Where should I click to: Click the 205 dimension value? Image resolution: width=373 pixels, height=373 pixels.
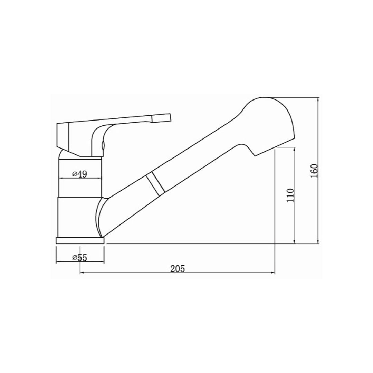coord(178,268)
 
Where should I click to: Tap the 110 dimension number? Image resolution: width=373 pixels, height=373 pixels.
coord(290,195)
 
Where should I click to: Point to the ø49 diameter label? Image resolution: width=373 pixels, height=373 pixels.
coord(79,174)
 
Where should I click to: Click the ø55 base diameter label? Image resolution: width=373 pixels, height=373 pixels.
coord(79,258)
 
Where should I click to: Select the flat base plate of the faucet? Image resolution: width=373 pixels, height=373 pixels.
coord(80,240)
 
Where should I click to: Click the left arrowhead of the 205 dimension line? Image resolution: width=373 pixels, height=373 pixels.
coord(82,273)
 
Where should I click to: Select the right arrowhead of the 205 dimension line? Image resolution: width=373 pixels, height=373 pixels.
coord(273,273)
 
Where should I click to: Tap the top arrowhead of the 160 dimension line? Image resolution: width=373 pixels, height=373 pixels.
coord(318,99)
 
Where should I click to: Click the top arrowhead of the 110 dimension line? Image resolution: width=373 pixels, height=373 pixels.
coord(294,149)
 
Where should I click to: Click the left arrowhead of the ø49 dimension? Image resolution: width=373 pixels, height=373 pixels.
coord(61,178)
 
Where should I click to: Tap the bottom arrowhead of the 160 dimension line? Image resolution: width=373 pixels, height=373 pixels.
coord(318,242)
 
